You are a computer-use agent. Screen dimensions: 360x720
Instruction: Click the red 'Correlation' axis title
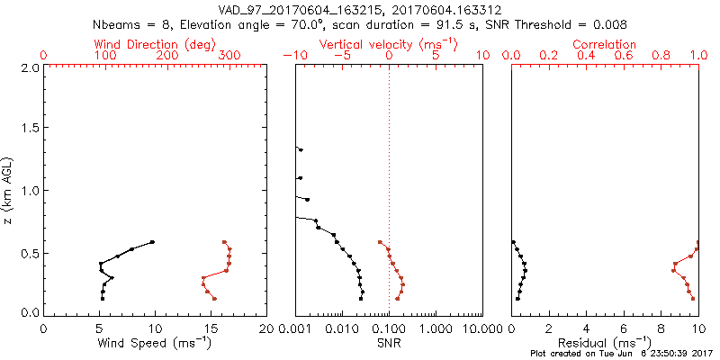tap(605, 44)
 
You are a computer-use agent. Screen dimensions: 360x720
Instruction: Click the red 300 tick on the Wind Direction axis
tap(229, 56)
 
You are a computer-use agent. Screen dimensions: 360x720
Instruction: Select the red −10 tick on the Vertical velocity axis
tap(293, 56)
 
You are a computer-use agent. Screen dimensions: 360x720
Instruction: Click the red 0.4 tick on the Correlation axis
tap(587, 56)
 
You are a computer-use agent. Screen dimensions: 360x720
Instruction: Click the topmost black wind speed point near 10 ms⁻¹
tap(153, 242)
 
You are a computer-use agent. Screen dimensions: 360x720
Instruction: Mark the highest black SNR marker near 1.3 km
tap(301, 150)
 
